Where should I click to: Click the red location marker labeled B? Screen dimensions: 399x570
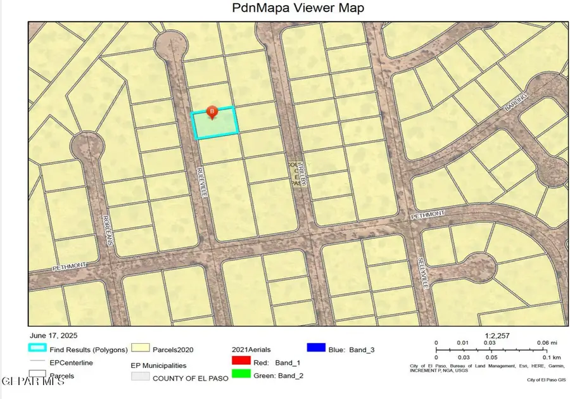pos(212,113)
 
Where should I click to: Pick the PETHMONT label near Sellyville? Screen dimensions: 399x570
pos(429,215)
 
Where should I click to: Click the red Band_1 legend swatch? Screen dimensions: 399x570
pos(241,361)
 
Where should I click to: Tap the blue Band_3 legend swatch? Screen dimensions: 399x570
pos(315,348)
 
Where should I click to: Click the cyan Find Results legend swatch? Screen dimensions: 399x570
pos(37,348)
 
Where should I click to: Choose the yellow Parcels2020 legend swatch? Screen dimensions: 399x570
pos(139,348)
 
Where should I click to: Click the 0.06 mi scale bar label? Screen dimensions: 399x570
pos(543,343)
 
